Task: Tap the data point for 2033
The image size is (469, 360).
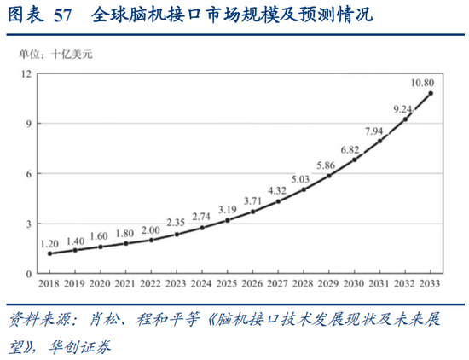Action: (431, 93)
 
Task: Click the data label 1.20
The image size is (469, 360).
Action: (49, 242)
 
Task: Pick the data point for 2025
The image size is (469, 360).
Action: (228, 220)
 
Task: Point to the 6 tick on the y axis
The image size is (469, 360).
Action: (27, 173)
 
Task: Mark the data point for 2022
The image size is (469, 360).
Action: (151, 240)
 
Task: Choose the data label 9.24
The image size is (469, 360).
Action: (402, 109)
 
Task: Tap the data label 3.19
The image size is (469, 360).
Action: (227, 209)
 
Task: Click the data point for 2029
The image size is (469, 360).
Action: (329, 176)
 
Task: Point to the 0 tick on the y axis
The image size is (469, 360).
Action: (27, 273)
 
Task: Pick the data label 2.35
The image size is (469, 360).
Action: (177, 223)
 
